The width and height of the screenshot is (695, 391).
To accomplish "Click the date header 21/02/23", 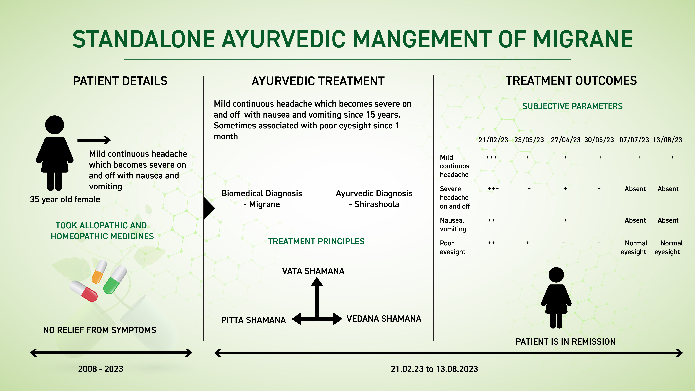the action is coord(493,140).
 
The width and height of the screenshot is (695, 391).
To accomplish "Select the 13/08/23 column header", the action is coord(667,140).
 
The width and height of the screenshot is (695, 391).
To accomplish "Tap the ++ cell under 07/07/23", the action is coord(638,157).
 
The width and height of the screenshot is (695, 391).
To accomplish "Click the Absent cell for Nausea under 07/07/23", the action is coord(635,220).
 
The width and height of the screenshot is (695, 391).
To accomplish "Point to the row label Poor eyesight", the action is coord(452,247).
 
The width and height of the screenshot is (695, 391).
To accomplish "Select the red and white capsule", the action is coord(84,291).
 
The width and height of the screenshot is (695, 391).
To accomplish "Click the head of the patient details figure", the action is coord(54,125).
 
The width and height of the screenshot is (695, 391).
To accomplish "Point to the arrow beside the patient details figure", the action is coord(94,140).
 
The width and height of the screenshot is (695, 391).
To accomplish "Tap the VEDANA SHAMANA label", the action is coord(384,319).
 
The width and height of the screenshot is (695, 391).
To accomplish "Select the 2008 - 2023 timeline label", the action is coord(101,369).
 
